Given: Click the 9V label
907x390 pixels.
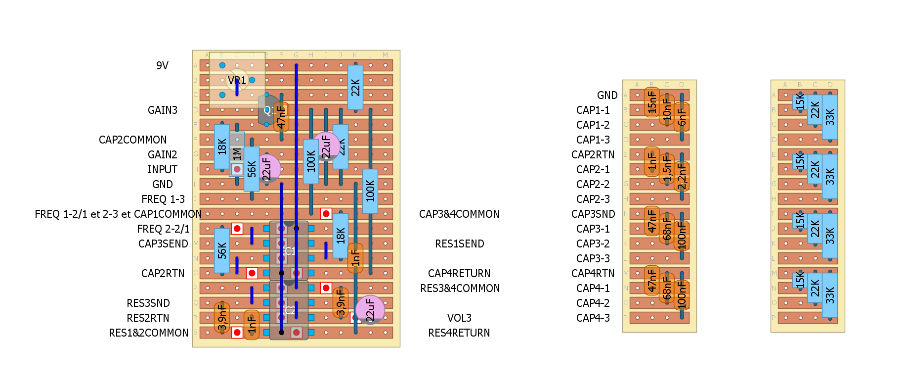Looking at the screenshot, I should pyautogui.click(x=162, y=65).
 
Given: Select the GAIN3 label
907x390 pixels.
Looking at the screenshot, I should pyautogui.click(x=162, y=110).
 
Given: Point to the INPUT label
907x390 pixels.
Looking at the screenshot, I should pyautogui.click(x=162, y=169).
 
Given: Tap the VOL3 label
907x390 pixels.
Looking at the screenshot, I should pyautogui.click(x=459, y=318).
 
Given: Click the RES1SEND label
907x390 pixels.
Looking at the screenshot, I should pyautogui.click(x=459, y=244).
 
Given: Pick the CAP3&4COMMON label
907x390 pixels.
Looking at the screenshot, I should pyautogui.click(x=459, y=214).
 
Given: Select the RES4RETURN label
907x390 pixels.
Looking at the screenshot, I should pyautogui.click(x=459, y=333).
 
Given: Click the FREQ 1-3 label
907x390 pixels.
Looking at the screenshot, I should pyautogui.click(x=163, y=199).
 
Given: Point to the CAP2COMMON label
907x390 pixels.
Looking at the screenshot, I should pyautogui.click(x=132, y=140).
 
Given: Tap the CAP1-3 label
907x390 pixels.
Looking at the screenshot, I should pyautogui.click(x=593, y=140).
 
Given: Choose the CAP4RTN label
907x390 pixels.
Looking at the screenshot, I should pyautogui.click(x=593, y=273).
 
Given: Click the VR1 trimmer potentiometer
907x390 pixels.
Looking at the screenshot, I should pyautogui.click(x=237, y=80).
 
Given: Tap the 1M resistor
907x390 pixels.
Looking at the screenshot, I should pyautogui.click(x=237, y=154).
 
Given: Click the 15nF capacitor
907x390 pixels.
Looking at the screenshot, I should pyautogui.click(x=652, y=102).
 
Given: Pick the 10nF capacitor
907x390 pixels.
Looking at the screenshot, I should pyautogui.click(x=667, y=109).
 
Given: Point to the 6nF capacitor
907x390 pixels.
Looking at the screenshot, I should pyautogui.click(x=682, y=117).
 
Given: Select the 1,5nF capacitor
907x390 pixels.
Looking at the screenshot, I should pyautogui.click(x=667, y=169).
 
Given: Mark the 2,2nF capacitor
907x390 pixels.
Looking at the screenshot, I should pyautogui.click(x=682, y=176).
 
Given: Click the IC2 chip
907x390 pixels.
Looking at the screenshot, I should pyautogui.click(x=289, y=310).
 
